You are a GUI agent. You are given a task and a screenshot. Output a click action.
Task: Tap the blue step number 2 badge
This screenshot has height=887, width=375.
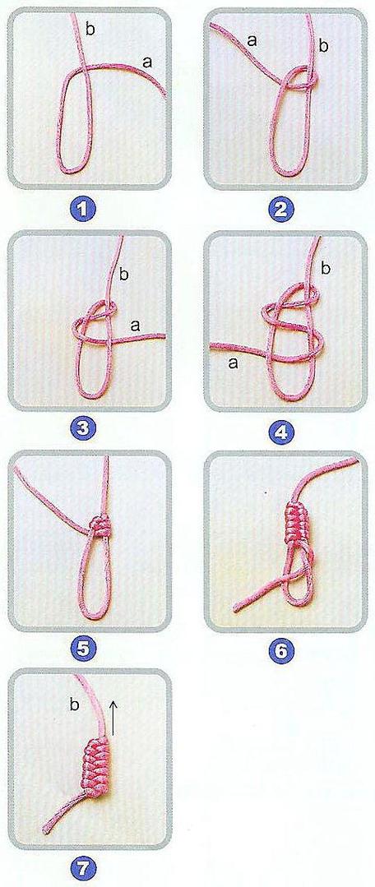coord(282,210)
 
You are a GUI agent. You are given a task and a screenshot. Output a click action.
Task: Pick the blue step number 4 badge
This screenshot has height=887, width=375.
coord(282,431)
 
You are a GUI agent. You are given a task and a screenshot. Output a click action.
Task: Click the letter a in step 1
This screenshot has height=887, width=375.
coord(148,62)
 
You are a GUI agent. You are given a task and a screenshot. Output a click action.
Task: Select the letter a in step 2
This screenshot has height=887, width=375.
coord(252,40)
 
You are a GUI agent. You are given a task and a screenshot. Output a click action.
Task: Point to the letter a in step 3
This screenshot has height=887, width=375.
coord(135,326)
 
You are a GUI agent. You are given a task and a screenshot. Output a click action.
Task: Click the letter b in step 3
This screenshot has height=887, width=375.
coord(124,275)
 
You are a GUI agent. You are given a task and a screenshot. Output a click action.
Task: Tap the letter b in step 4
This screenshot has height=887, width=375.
coord(325,267)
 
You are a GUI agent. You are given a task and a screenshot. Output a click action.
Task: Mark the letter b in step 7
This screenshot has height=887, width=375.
coord(73,705)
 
